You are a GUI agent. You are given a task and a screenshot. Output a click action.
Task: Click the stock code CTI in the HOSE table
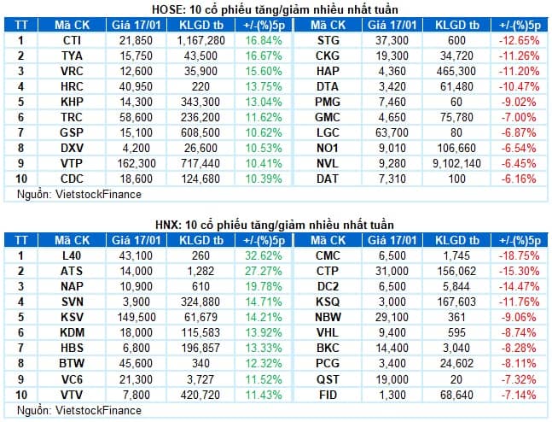point(72,40)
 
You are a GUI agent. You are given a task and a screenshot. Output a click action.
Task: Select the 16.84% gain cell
point(264,40)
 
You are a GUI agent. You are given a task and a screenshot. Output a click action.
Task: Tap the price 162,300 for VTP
point(136,163)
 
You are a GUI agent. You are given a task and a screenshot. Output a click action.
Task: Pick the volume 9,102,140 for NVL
point(456,163)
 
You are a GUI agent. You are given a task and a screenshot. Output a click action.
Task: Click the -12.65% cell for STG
point(520,40)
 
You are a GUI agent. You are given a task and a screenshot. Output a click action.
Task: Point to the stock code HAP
point(328,71)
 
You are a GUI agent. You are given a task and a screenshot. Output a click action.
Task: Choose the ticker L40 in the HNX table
point(72,255)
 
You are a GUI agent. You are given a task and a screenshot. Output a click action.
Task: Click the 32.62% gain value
point(264,255)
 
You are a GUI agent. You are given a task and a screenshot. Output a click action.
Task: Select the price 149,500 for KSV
point(137,317)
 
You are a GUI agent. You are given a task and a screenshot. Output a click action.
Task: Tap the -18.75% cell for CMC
point(520,255)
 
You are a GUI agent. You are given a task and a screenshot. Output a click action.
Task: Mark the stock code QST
point(328,379)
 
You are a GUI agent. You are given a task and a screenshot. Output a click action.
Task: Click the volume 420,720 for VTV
point(200,395)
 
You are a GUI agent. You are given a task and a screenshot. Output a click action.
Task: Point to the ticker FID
point(328,395)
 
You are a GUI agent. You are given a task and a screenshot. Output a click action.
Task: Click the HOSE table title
point(275,9)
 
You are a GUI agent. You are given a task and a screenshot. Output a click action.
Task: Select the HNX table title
point(275,225)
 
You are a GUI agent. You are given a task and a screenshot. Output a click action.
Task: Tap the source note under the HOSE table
point(79,194)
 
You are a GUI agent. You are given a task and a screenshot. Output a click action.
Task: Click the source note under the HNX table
point(79,410)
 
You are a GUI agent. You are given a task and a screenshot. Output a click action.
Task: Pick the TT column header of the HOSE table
point(21,26)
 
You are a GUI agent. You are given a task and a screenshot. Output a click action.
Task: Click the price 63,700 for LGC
point(392,133)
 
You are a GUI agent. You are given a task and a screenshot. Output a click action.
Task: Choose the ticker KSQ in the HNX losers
point(328,302)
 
